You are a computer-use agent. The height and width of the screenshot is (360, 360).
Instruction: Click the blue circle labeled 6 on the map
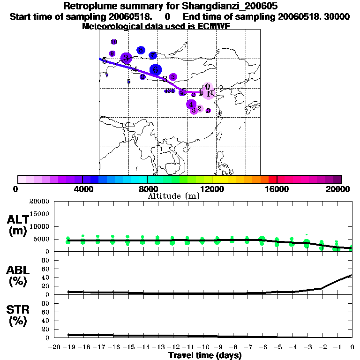[156, 70]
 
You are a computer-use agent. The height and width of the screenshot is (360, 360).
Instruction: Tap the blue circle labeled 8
[141, 50]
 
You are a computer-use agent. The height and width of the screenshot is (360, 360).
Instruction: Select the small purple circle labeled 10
[113, 42]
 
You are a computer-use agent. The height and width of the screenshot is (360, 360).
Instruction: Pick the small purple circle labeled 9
[112, 53]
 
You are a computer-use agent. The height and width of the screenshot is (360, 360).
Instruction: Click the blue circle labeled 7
[153, 56]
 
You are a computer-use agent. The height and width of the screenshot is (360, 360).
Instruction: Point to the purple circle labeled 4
[191, 104]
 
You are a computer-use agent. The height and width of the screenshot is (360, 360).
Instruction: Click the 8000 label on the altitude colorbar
[147, 189]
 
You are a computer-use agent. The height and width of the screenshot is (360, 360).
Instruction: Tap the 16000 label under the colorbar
[277, 189]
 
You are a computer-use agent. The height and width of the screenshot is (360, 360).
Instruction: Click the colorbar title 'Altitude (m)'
[173, 196]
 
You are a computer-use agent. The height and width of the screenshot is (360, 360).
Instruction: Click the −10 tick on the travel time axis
[203, 347]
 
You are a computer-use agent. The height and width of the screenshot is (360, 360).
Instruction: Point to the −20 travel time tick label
[54, 347]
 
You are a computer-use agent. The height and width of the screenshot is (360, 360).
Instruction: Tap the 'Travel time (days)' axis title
[205, 355]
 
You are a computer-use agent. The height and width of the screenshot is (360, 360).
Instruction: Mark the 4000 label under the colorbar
[82, 189]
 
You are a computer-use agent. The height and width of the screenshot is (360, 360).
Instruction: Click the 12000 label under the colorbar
[212, 189]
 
